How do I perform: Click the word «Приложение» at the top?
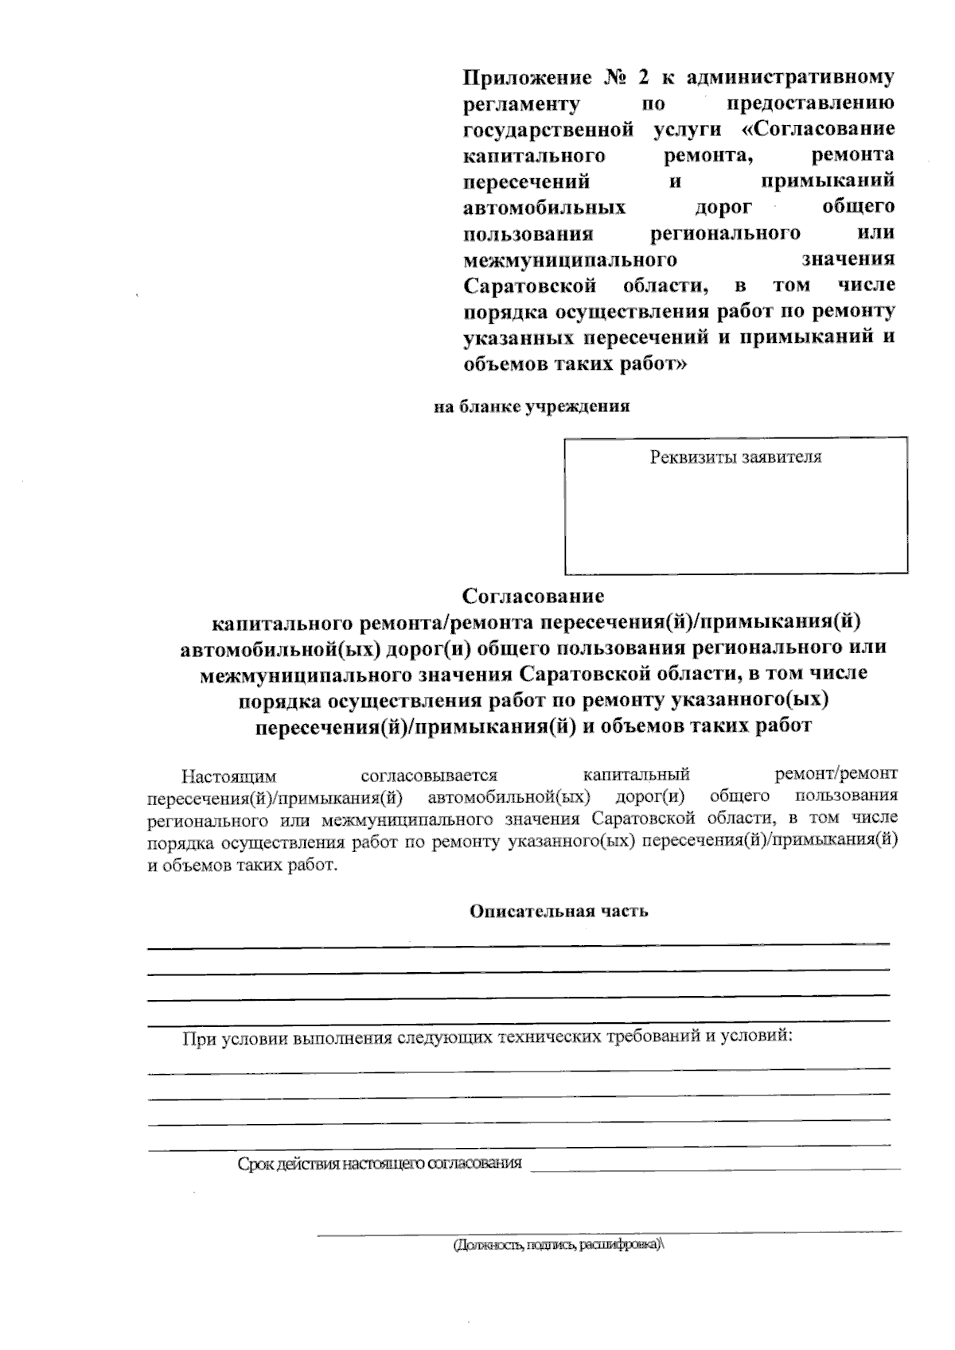(528, 78)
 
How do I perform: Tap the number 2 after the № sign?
(642, 78)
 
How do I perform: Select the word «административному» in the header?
(789, 78)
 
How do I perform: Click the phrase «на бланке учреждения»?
(532, 407)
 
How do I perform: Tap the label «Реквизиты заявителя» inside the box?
(735, 457)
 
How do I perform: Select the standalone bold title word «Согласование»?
(533, 596)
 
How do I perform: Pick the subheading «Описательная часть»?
(559, 912)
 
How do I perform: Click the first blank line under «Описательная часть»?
(517, 943)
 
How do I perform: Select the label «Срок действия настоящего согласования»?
(380, 1164)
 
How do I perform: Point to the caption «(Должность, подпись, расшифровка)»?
(558, 1245)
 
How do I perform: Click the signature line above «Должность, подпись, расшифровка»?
(609, 1232)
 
